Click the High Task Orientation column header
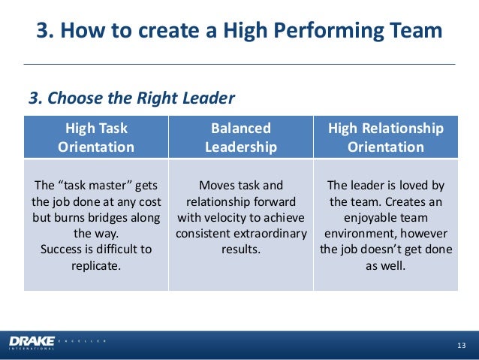pyautogui.click(x=96, y=138)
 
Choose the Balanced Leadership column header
pyautogui.click(x=241, y=138)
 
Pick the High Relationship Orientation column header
pyautogui.click(x=385, y=138)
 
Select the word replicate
pyautogui.click(x=96, y=265)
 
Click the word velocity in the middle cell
pyautogui.click(x=227, y=218)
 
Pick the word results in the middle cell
pyautogui.click(x=241, y=250)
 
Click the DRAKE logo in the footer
pyautogui.click(x=32, y=343)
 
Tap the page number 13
pyautogui.click(x=461, y=345)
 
